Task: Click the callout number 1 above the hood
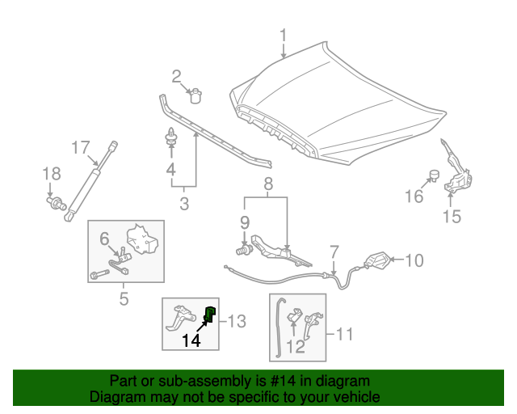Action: click(x=284, y=36)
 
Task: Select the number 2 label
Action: click(x=176, y=77)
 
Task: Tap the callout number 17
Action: click(x=80, y=148)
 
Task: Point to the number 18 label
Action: click(x=51, y=174)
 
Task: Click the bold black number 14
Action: click(x=191, y=340)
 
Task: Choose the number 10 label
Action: click(x=413, y=260)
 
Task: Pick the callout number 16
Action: click(x=413, y=196)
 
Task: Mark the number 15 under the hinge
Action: click(x=452, y=216)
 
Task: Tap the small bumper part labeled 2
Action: click(x=195, y=96)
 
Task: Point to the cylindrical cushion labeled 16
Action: click(x=434, y=175)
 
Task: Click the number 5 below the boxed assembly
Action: click(x=124, y=299)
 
